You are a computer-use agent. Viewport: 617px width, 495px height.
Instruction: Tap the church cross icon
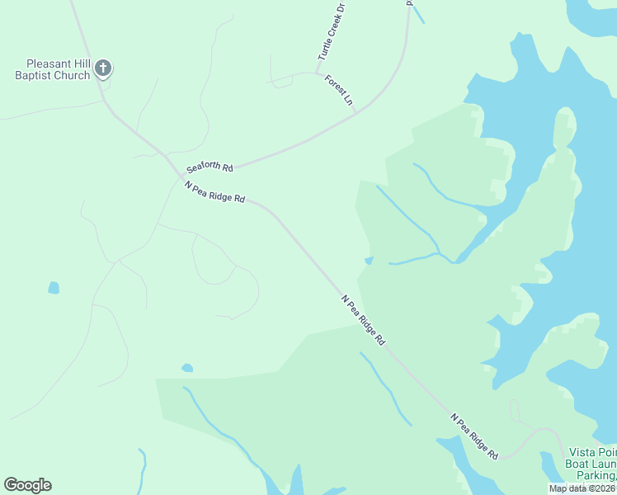click(x=102, y=68)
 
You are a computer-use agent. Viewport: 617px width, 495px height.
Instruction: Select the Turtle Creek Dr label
click(x=330, y=32)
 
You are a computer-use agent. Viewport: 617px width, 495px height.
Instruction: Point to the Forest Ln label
click(x=339, y=90)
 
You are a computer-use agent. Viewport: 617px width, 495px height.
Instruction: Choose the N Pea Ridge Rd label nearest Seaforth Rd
click(x=215, y=192)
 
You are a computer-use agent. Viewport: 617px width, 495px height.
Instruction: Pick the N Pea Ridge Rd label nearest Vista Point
click(x=474, y=436)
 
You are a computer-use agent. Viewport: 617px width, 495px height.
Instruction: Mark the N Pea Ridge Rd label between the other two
click(x=364, y=320)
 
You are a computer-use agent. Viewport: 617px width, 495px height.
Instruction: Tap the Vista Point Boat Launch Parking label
click(x=592, y=464)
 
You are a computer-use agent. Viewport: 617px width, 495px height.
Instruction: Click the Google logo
click(x=27, y=485)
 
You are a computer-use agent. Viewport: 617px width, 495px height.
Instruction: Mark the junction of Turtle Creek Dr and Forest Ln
click(x=318, y=73)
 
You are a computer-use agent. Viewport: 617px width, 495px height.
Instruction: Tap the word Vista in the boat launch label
click(x=582, y=452)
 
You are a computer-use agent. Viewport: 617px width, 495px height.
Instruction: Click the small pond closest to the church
click(x=54, y=288)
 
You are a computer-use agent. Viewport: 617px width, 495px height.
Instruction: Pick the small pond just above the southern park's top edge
click(x=187, y=367)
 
